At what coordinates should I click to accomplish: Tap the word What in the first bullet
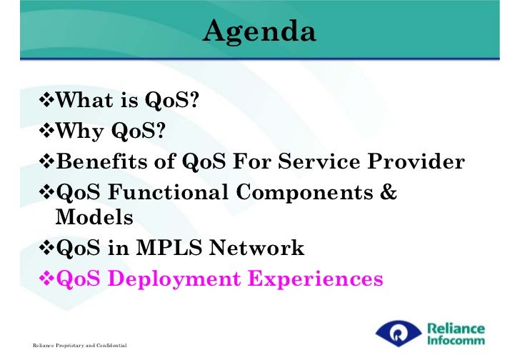click(x=84, y=99)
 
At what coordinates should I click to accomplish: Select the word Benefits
click(x=101, y=161)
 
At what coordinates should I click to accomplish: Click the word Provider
click(x=416, y=161)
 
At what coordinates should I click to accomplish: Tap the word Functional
click(x=168, y=192)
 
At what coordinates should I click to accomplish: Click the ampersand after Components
click(x=389, y=192)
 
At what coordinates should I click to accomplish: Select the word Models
click(x=94, y=217)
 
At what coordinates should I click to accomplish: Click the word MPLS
click(x=169, y=247)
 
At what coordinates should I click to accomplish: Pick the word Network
click(x=256, y=247)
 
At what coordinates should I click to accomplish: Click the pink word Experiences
click(x=316, y=279)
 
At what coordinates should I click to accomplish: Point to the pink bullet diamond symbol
click(x=46, y=278)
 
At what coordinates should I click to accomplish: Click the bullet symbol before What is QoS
click(x=46, y=99)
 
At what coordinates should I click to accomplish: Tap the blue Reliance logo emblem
click(x=399, y=333)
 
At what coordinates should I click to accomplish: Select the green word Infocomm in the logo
click(x=456, y=341)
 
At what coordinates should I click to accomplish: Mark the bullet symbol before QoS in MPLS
click(x=46, y=247)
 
